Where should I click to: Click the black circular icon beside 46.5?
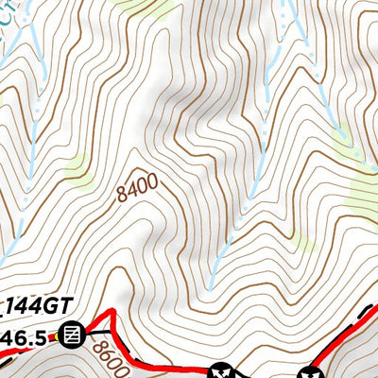pos(75,333)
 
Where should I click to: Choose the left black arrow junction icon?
pos(223,370)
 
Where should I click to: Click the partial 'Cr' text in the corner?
pos(8,9)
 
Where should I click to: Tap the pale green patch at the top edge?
pos(142,8)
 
